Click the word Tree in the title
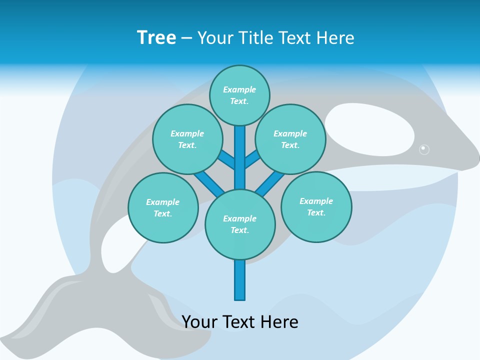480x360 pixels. click(156, 38)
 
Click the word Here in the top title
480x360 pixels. click(335, 38)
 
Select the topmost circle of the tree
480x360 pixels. click(239, 95)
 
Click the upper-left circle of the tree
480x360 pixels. click(187, 139)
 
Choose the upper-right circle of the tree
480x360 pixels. click(290, 139)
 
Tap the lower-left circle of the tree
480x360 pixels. click(163, 207)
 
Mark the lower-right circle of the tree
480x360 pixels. click(316, 206)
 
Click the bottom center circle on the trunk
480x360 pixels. click(240, 224)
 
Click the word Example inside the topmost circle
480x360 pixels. click(239, 89)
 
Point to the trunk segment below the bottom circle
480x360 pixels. click(240, 280)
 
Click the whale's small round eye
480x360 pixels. click(424, 149)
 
